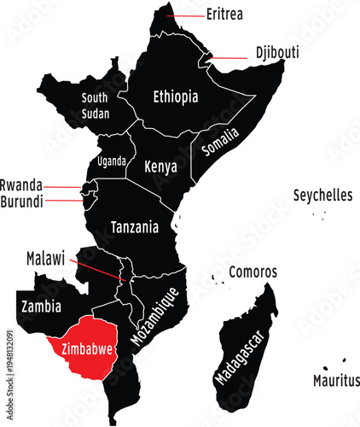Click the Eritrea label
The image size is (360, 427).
(x=225, y=15)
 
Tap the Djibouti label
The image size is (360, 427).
(x=277, y=52)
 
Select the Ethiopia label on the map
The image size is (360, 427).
(x=175, y=97)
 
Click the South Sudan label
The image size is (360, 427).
(x=95, y=105)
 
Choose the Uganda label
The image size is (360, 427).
(x=112, y=161)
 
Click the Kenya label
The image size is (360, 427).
(x=160, y=166)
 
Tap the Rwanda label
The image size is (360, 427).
(x=20, y=184)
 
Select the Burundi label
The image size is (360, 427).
(x=21, y=202)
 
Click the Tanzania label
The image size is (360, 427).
(x=135, y=228)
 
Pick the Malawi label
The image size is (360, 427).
(x=45, y=257)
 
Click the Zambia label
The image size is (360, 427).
(x=41, y=305)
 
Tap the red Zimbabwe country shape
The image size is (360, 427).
(x=81, y=350)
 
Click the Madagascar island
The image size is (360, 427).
(x=246, y=350)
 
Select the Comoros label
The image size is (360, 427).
(x=253, y=272)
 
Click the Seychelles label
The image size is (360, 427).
(x=322, y=196)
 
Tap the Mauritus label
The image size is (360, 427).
(x=335, y=380)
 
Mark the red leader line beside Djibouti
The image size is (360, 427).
(x=230, y=58)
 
